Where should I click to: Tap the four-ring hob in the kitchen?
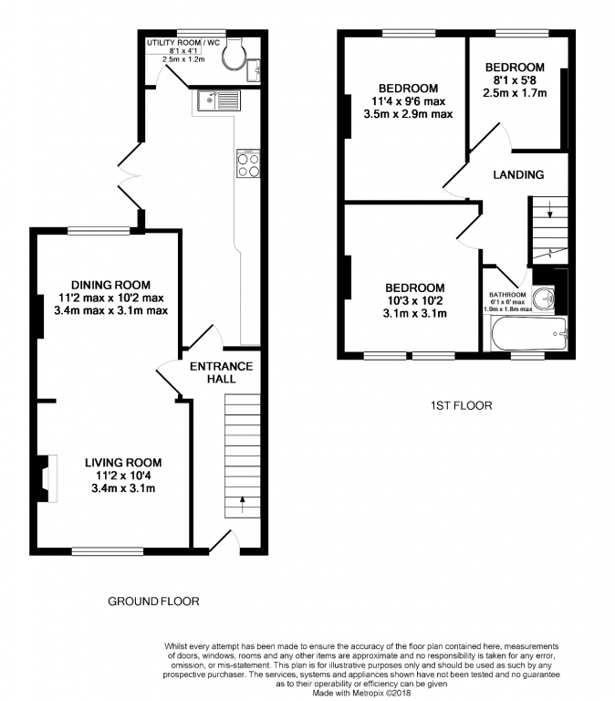[x=248, y=164]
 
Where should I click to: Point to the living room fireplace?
[x=46, y=478]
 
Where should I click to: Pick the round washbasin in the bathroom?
[x=546, y=298]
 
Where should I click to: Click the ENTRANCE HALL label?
[x=221, y=372]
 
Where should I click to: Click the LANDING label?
[x=518, y=174]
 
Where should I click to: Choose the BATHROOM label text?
[x=507, y=295]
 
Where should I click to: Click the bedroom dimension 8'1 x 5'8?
[x=515, y=79]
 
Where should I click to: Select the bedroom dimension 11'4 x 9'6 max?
[x=411, y=101]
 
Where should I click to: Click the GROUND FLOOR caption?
[x=153, y=601]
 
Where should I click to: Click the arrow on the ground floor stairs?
[x=242, y=500]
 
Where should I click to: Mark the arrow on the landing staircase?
[x=549, y=214]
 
